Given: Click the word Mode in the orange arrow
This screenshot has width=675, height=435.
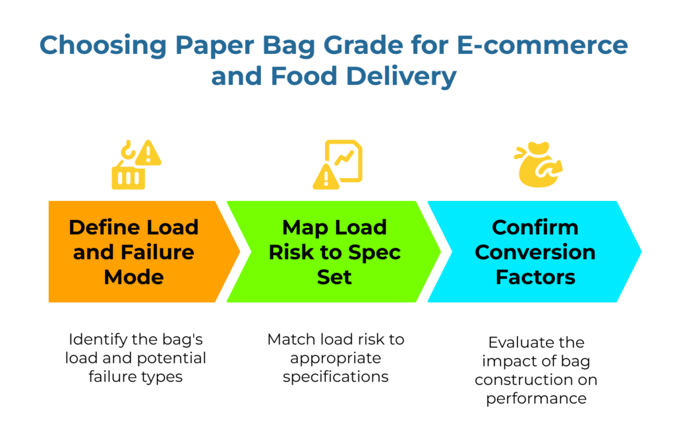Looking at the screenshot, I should [134, 277].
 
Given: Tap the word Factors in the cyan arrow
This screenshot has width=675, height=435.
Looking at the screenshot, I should [535, 277].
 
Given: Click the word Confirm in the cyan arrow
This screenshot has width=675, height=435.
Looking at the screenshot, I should [535, 227].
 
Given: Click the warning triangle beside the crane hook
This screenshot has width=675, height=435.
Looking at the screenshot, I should [150, 154].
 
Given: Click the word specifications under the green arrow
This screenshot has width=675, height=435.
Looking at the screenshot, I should [336, 378].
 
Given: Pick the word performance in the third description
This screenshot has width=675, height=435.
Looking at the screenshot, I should [535, 398].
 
